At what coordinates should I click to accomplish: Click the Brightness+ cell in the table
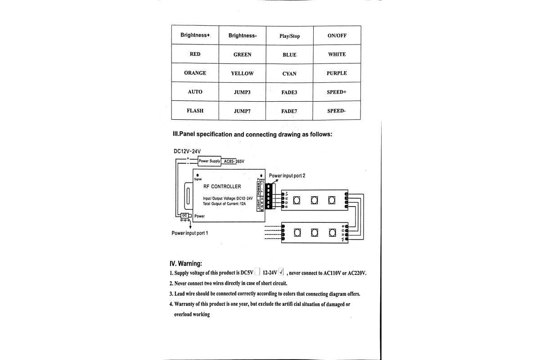pyautogui.click(x=195, y=35)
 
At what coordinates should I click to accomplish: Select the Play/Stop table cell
pyautogui.click(x=289, y=36)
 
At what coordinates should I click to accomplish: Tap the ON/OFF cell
pyautogui.click(x=337, y=36)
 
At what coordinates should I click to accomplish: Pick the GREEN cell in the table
pyautogui.click(x=242, y=54)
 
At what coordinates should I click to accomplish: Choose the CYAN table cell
pyautogui.click(x=289, y=73)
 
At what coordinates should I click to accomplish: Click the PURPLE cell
pyautogui.click(x=337, y=73)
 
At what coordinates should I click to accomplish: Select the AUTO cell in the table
pyautogui.click(x=195, y=92)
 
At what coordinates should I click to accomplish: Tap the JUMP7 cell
pyautogui.click(x=242, y=111)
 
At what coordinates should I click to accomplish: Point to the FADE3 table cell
pyautogui.click(x=289, y=92)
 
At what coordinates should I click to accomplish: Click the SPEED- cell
pyautogui.click(x=337, y=111)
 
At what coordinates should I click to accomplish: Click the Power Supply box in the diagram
pyautogui.click(x=209, y=161)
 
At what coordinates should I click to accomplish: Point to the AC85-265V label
pyautogui.click(x=237, y=161)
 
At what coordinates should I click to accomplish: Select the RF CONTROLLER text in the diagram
pyautogui.click(x=222, y=186)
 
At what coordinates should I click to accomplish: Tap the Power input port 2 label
pyautogui.click(x=287, y=175)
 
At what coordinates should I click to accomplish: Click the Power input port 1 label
pyautogui.click(x=189, y=233)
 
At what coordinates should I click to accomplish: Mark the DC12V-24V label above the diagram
pyautogui.click(x=187, y=151)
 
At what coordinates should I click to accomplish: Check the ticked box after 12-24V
pyautogui.click(x=281, y=272)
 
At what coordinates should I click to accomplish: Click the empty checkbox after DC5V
pyautogui.click(x=257, y=272)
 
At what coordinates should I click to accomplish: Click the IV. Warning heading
pyautogui.click(x=185, y=263)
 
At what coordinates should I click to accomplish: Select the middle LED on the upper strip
pyautogui.click(x=314, y=200)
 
